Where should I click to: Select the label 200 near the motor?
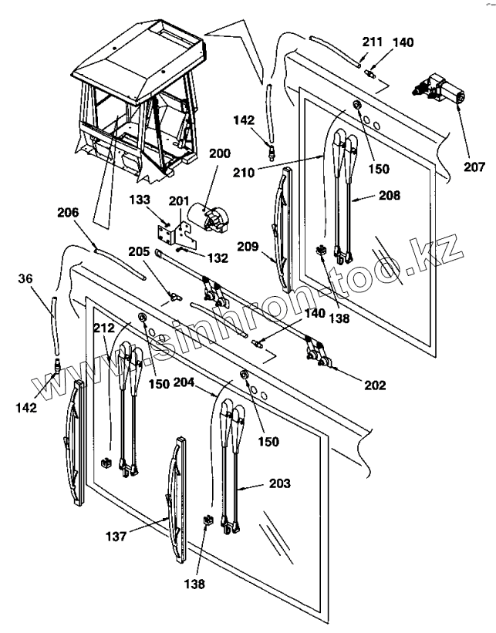click(x=219, y=153)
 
